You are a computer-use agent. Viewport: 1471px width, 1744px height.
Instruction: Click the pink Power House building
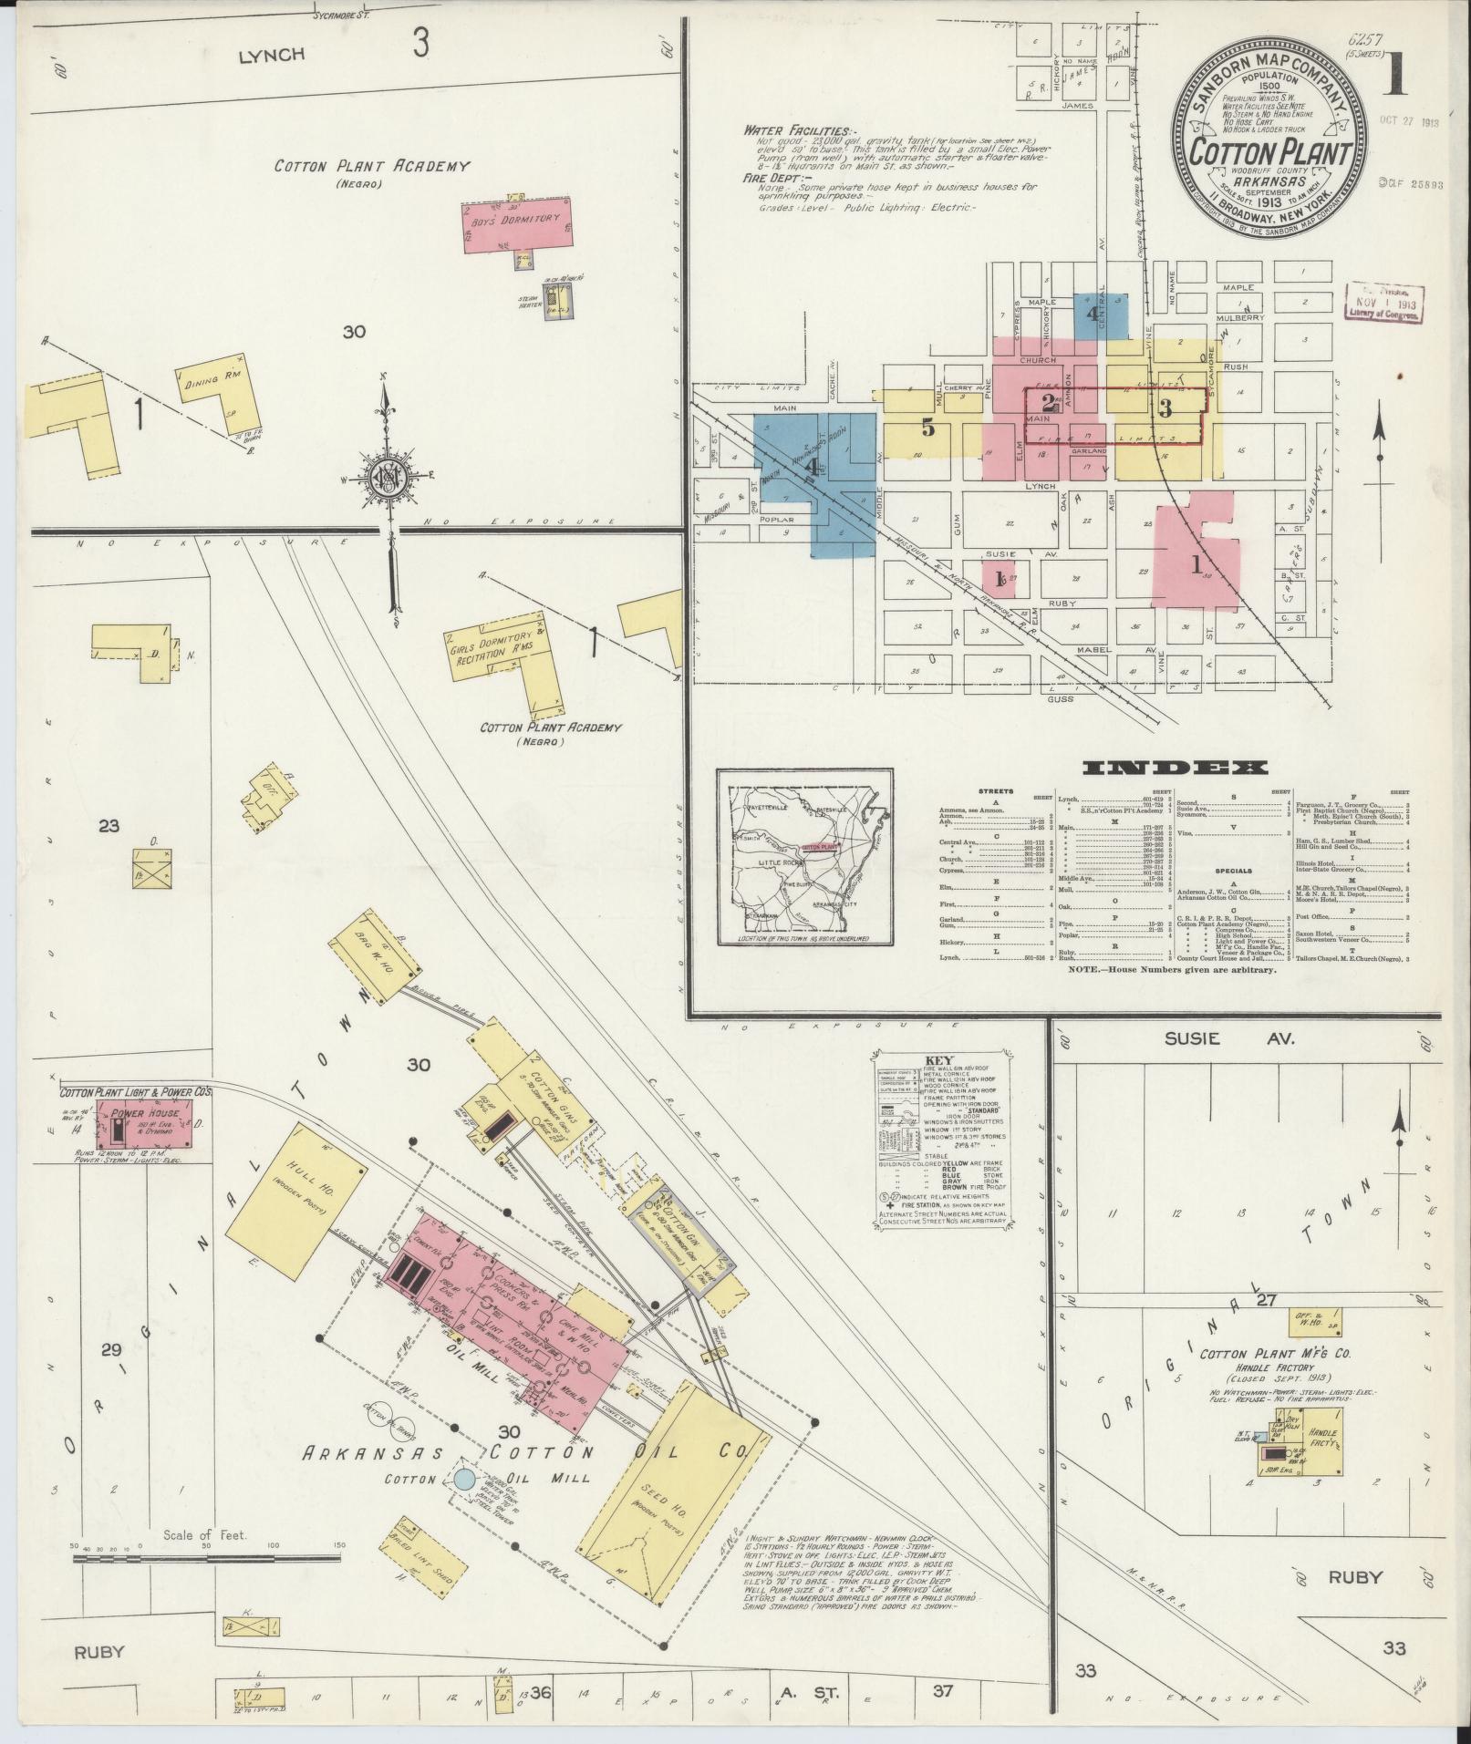click(x=147, y=1123)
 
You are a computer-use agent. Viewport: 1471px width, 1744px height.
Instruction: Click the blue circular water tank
click(x=465, y=1479)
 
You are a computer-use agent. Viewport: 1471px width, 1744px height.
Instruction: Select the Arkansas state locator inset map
click(x=804, y=856)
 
